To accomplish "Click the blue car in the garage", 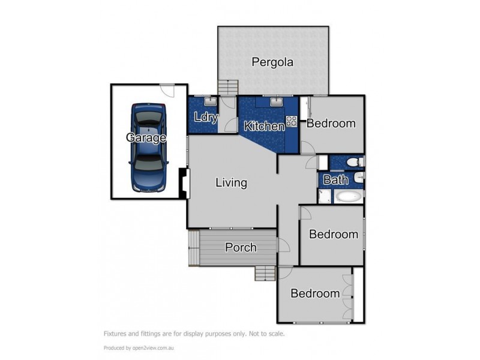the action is tap(149, 148).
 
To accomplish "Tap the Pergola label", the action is tap(272, 62).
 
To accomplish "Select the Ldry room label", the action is tap(206, 117).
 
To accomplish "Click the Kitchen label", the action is tap(264, 126).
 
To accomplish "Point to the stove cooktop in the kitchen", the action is tap(292, 121).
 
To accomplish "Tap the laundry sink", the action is tap(210, 100).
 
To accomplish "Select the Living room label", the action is tap(231, 182).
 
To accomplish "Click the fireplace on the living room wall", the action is tap(184, 184).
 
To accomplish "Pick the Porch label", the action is tap(241, 247).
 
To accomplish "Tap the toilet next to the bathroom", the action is tap(356, 161).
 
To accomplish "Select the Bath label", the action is tap(335, 180).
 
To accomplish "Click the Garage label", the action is tap(146, 137).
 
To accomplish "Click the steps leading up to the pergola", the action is tap(228, 88).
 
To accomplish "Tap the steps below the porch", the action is tap(265, 273).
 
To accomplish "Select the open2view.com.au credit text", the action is tap(153, 348).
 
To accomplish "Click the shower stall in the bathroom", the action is tap(325, 196).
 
